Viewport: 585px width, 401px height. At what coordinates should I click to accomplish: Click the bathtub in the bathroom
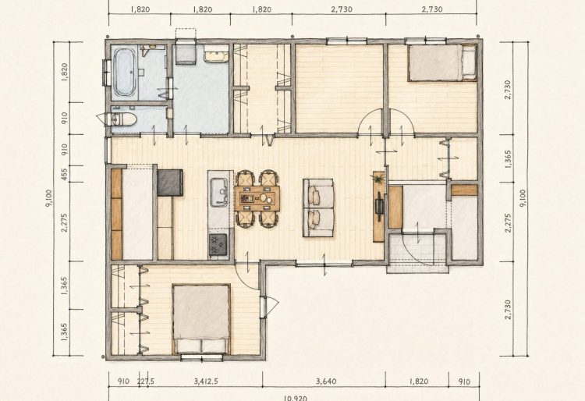click(x=125, y=73)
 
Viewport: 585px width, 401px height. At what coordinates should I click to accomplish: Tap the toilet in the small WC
click(x=124, y=119)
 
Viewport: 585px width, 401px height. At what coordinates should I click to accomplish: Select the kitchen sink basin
click(x=218, y=192)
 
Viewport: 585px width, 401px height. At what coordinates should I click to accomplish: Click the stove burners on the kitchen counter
click(x=218, y=244)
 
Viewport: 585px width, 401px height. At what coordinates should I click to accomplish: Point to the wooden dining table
click(x=257, y=198)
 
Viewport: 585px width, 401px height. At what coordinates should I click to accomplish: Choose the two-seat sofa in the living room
click(x=318, y=208)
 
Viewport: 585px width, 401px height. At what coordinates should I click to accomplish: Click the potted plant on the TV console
click(x=379, y=179)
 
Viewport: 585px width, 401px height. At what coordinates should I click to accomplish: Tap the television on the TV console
click(x=379, y=207)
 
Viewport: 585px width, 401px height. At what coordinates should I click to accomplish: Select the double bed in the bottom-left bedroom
click(x=201, y=319)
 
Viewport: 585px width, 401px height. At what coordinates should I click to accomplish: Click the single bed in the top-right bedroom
click(x=442, y=62)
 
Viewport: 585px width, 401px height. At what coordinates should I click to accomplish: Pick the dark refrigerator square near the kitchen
click(x=170, y=183)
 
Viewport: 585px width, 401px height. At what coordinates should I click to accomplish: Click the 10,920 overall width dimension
click(x=295, y=398)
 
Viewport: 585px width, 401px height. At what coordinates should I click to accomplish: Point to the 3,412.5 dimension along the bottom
click(x=206, y=381)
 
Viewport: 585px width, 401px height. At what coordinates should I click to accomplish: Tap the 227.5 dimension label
click(x=146, y=381)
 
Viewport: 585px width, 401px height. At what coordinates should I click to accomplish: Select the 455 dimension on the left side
click(x=64, y=174)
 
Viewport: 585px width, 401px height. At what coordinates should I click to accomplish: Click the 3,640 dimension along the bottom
click(x=326, y=381)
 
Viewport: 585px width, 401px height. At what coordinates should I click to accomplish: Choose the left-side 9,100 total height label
click(x=49, y=198)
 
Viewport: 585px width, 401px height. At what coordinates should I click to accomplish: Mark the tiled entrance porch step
click(x=418, y=254)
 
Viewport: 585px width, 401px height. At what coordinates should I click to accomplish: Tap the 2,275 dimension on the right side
click(x=508, y=222)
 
